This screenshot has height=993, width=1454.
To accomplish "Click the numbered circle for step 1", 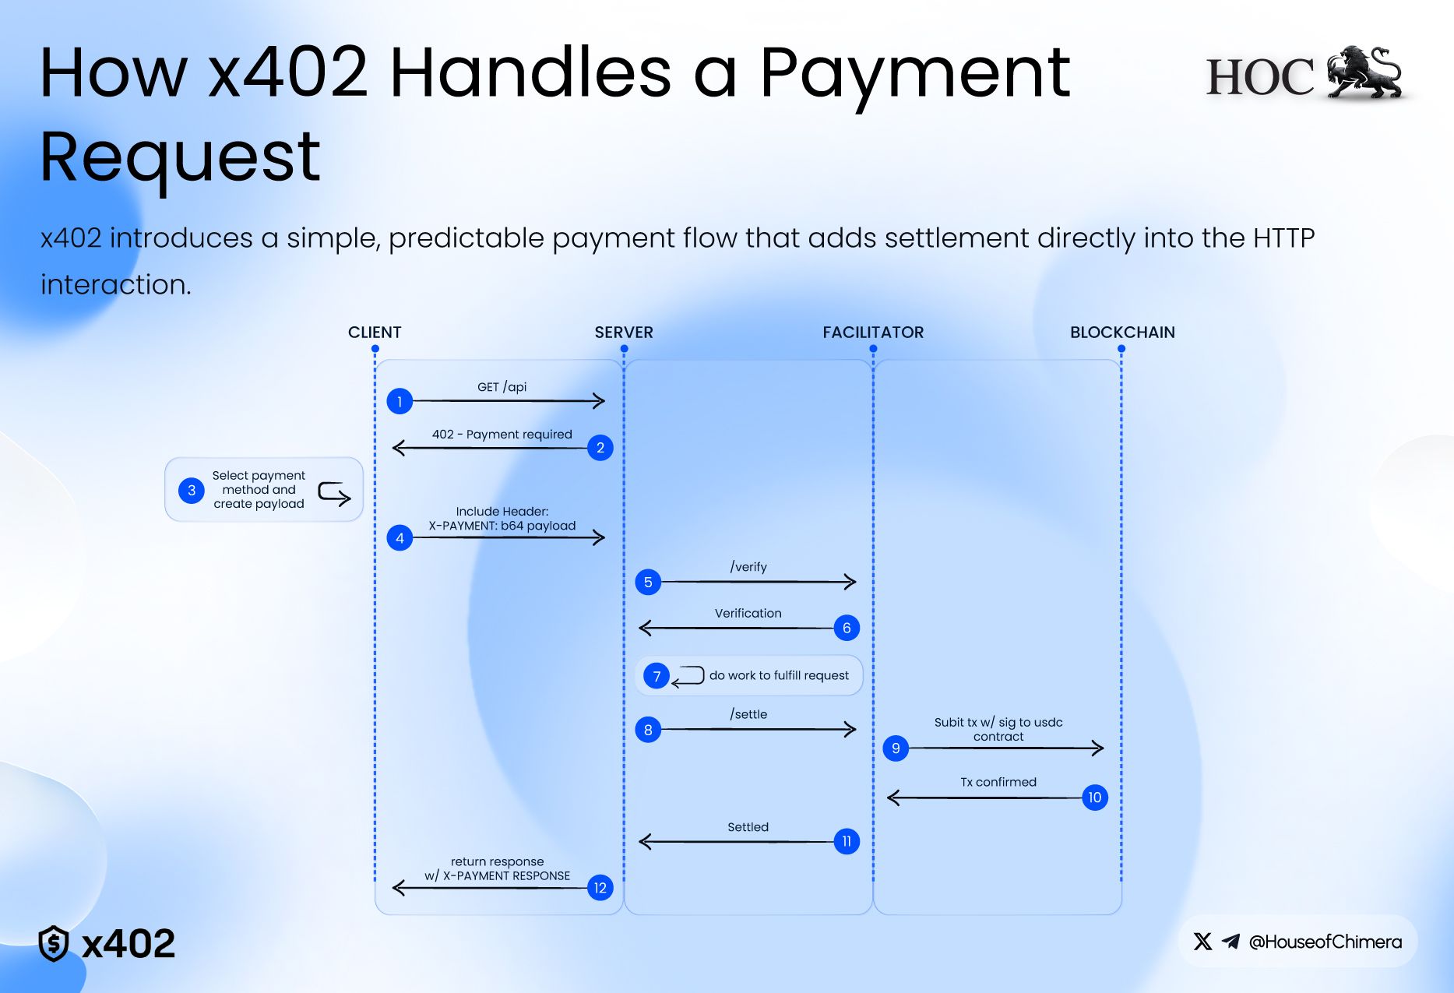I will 400,401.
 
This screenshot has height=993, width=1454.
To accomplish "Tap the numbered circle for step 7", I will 657,676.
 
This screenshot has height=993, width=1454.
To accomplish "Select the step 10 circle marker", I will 1094,798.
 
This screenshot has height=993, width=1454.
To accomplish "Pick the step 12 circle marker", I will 600,888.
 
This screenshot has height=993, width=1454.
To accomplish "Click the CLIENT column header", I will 375,333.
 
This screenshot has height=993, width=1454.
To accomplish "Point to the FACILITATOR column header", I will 873,333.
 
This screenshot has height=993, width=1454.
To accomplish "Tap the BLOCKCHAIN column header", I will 1122,333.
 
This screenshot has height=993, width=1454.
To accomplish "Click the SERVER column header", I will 624,333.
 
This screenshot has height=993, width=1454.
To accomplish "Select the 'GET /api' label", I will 502,387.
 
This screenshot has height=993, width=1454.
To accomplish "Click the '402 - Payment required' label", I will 502,435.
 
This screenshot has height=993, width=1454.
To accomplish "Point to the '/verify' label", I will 748,567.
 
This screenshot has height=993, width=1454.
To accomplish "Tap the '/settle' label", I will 748,714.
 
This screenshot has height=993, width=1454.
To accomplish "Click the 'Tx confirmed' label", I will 998,782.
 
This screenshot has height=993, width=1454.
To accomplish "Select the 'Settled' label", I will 748,827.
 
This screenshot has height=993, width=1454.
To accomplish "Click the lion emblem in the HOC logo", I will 1365,72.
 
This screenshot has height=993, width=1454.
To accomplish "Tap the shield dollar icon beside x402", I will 54,943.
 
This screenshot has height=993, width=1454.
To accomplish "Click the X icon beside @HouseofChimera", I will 1202,942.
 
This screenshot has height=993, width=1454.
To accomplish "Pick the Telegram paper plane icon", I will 1230,942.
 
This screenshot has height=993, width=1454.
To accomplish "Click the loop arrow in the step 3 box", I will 334,493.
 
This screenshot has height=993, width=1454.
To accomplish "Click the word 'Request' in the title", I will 180,157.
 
